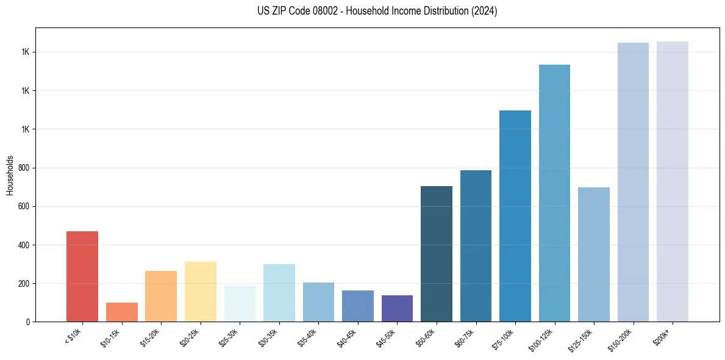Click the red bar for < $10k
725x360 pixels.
(x=82, y=276)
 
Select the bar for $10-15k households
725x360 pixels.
(x=121, y=312)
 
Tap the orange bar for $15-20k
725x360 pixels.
(x=161, y=296)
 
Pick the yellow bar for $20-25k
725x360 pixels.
(x=200, y=292)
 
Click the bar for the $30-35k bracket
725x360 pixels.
(x=279, y=293)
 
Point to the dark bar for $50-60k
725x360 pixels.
(x=437, y=254)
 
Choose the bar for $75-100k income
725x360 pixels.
(x=515, y=216)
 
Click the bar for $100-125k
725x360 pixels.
(x=554, y=193)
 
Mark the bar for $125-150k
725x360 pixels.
(x=594, y=254)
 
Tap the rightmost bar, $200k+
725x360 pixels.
(x=673, y=182)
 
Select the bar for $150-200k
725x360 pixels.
(x=633, y=182)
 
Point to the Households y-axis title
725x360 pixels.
(x=10, y=175)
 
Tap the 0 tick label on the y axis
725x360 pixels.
(x=28, y=322)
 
